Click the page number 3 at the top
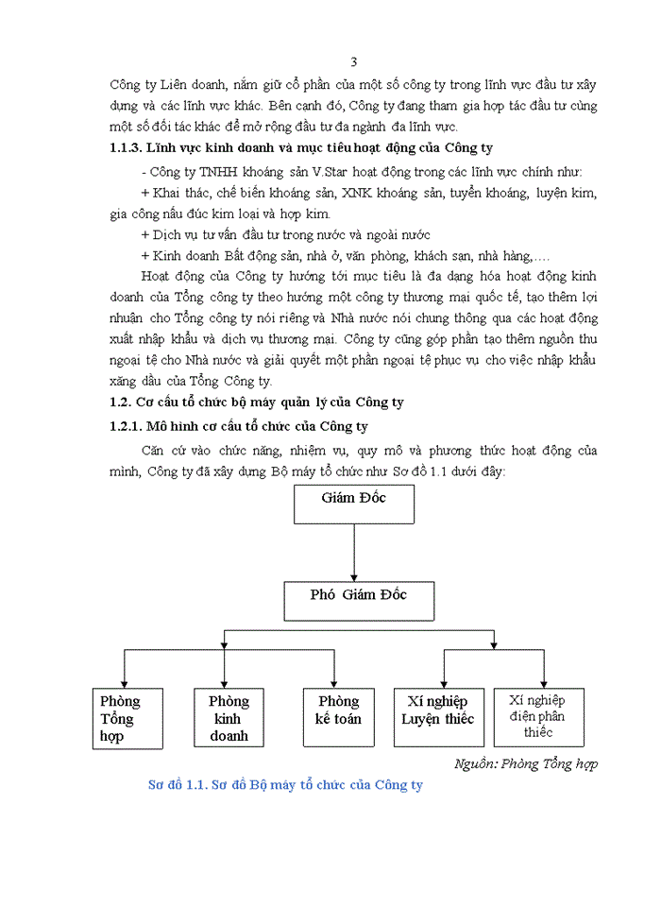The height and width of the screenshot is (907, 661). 353,62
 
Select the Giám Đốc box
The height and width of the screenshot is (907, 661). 354,504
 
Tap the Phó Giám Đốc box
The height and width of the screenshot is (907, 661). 359,600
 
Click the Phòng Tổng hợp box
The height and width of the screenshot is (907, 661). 123,719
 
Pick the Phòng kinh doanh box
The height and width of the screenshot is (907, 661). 229,719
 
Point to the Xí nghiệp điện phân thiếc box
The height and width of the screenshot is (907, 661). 538,717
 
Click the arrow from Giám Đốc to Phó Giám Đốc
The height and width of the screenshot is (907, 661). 354,552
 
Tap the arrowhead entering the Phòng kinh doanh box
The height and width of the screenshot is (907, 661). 224,683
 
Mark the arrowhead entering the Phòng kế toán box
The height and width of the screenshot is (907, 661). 334,683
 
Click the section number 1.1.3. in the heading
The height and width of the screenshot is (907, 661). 131,148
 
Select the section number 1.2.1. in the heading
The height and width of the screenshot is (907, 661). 131,427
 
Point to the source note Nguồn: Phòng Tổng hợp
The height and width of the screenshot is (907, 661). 526,763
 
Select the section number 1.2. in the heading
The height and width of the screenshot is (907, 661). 125,402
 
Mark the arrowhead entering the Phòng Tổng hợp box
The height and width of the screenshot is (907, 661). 125,683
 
